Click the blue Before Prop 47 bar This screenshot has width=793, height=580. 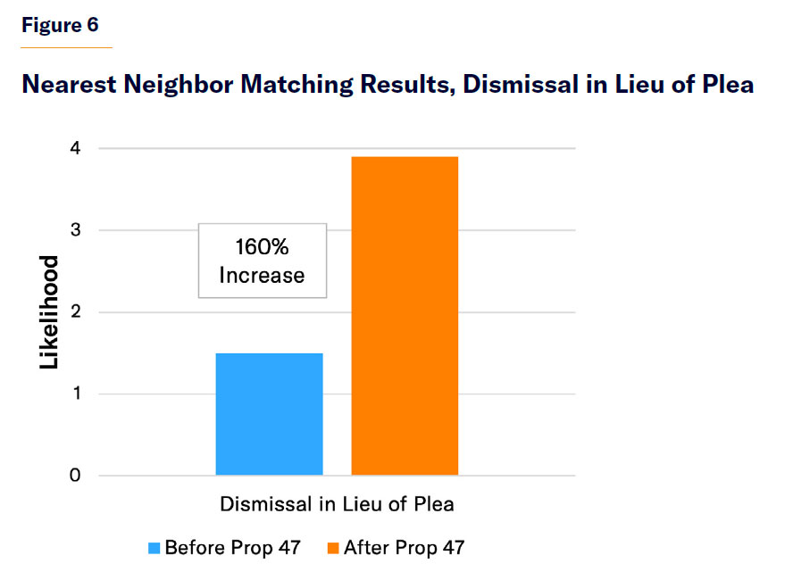click(x=269, y=414)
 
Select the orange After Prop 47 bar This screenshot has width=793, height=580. click(x=405, y=316)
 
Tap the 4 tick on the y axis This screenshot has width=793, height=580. click(x=75, y=148)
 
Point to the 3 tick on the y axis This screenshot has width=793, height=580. click(x=75, y=230)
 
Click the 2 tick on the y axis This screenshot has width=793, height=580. click(x=75, y=312)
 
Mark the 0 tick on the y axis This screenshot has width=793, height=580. click(x=75, y=476)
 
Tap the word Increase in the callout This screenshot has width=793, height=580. click(x=262, y=275)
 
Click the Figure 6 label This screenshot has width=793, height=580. click(x=60, y=25)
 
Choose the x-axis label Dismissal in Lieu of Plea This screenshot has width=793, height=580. click(x=337, y=504)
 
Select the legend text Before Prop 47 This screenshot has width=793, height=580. click(x=232, y=548)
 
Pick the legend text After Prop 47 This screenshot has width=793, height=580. click(x=404, y=548)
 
